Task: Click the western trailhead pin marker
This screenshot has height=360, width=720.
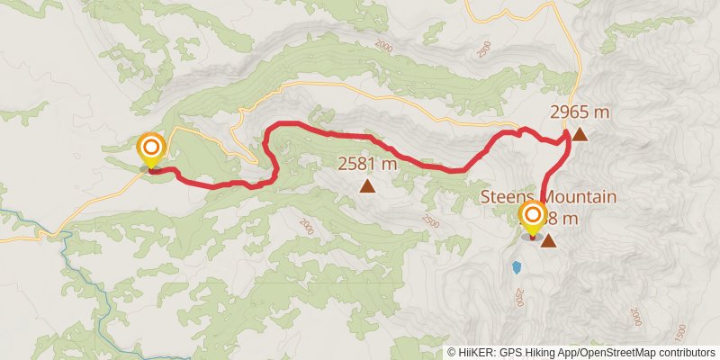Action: [150, 148]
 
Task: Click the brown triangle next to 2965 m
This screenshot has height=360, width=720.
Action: [580, 135]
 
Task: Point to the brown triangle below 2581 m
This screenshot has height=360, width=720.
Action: [367, 185]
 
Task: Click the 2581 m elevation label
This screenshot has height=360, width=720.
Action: [367, 164]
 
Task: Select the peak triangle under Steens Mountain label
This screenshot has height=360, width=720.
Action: [547, 240]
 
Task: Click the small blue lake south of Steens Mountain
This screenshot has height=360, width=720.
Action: [517, 267]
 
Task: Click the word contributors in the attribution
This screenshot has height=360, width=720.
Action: [688, 353]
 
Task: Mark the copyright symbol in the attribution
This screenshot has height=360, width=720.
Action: [452, 353]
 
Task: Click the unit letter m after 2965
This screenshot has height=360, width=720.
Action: [604, 112]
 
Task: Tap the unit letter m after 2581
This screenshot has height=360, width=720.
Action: [391, 164]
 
